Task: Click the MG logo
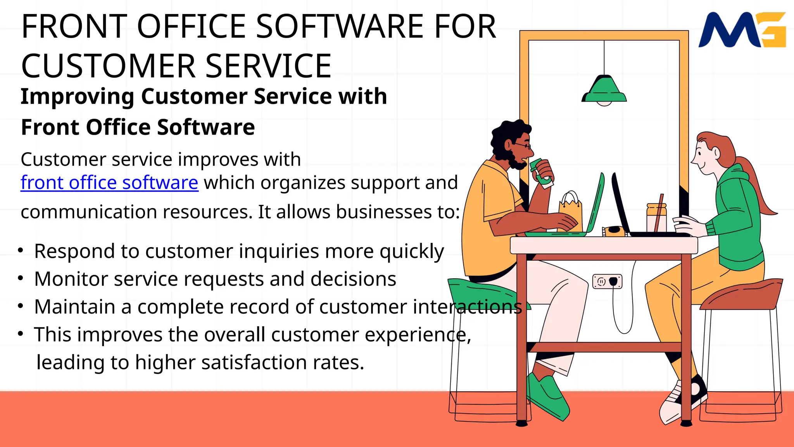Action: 741,30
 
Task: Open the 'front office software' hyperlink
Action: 109,183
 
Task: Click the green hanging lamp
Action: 604,90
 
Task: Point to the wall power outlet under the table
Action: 607,281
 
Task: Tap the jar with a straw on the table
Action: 656,218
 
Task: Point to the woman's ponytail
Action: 756,186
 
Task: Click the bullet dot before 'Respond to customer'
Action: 21,251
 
